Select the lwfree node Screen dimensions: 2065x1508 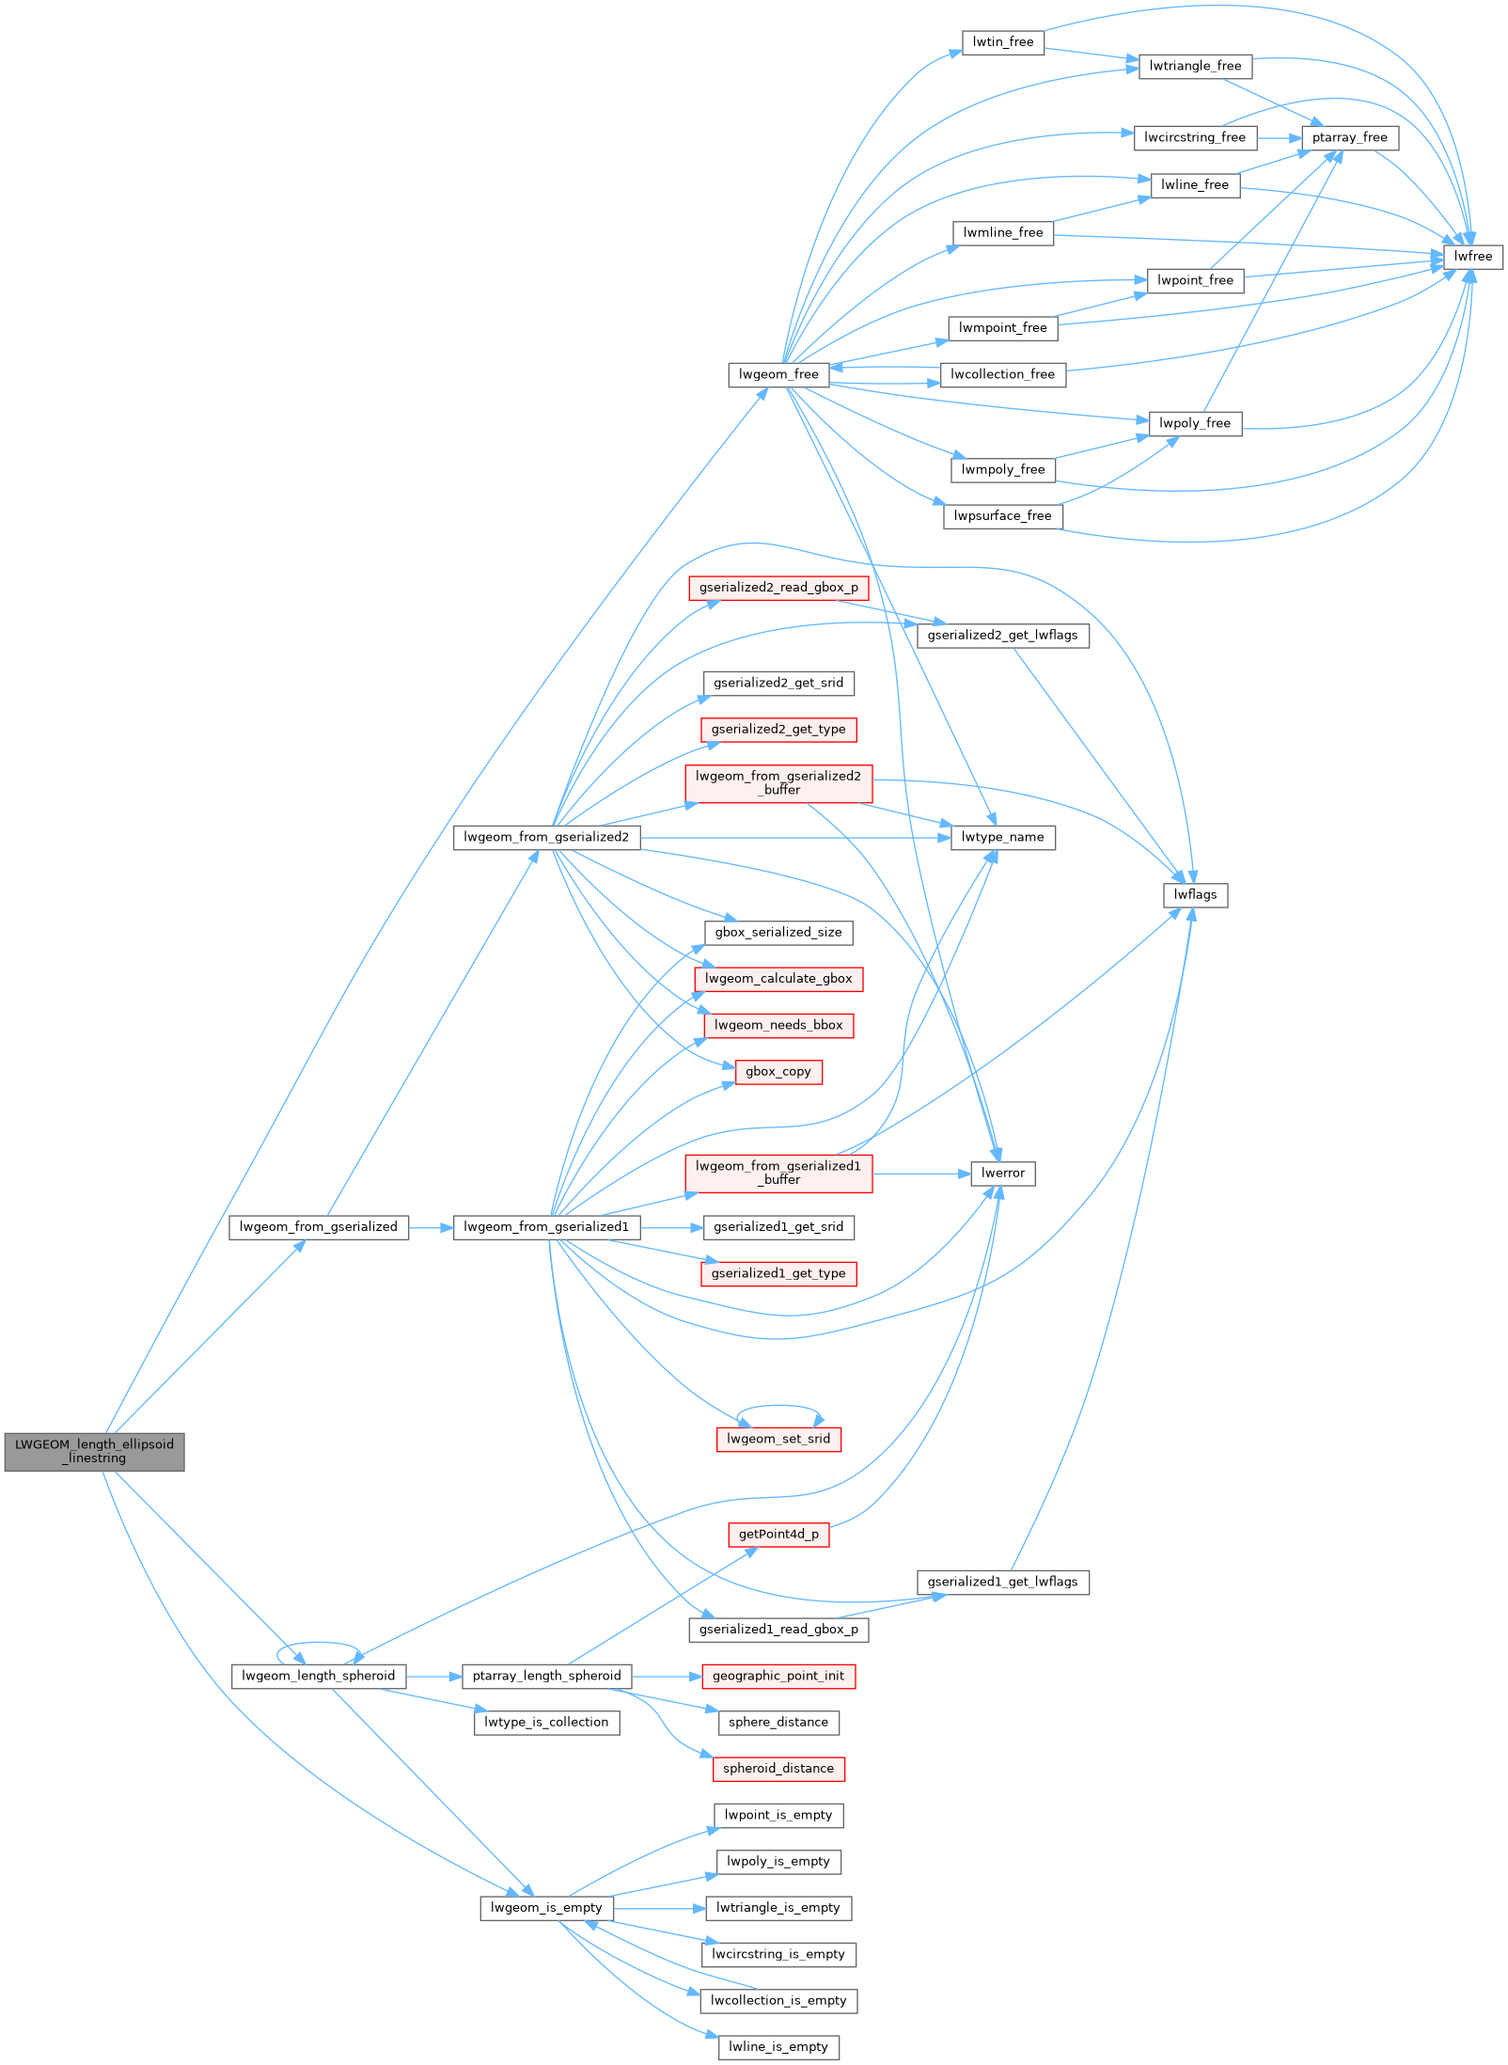pyautogui.click(x=1472, y=257)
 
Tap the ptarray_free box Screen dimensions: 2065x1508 pyautogui.click(x=1349, y=137)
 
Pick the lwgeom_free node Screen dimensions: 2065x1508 pyautogui.click(x=778, y=374)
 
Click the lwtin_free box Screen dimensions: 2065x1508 pyautogui.click(x=1002, y=42)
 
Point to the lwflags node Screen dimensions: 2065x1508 pyautogui.click(x=1195, y=894)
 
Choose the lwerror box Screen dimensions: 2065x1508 pyautogui.click(x=1002, y=1173)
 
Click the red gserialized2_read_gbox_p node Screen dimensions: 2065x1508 pyautogui.click(x=778, y=588)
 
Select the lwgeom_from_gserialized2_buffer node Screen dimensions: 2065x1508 pyautogui.click(x=778, y=783)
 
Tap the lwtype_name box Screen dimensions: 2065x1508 pyautogui.click(x=1002, y=837)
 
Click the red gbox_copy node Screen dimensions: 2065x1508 pyautogui.click(x=778, y=1071)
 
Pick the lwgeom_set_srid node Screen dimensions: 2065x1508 pyautogui.click(x=778, y=1439)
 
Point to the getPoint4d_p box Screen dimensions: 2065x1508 pyautogui.click(x=778, y=1534)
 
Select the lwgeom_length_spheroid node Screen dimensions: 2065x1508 pyautogui.click(x=318, y=1676)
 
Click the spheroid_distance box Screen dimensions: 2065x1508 pyautogui.click(x=778, y=1768)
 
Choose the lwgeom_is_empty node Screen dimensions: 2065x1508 pyautogui.click(x=546, y=1907)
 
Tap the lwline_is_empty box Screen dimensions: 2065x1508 pyautogui.click(x=778, y=2046)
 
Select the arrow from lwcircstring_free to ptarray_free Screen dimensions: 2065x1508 pyautogui.click(x=1279, y=137)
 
